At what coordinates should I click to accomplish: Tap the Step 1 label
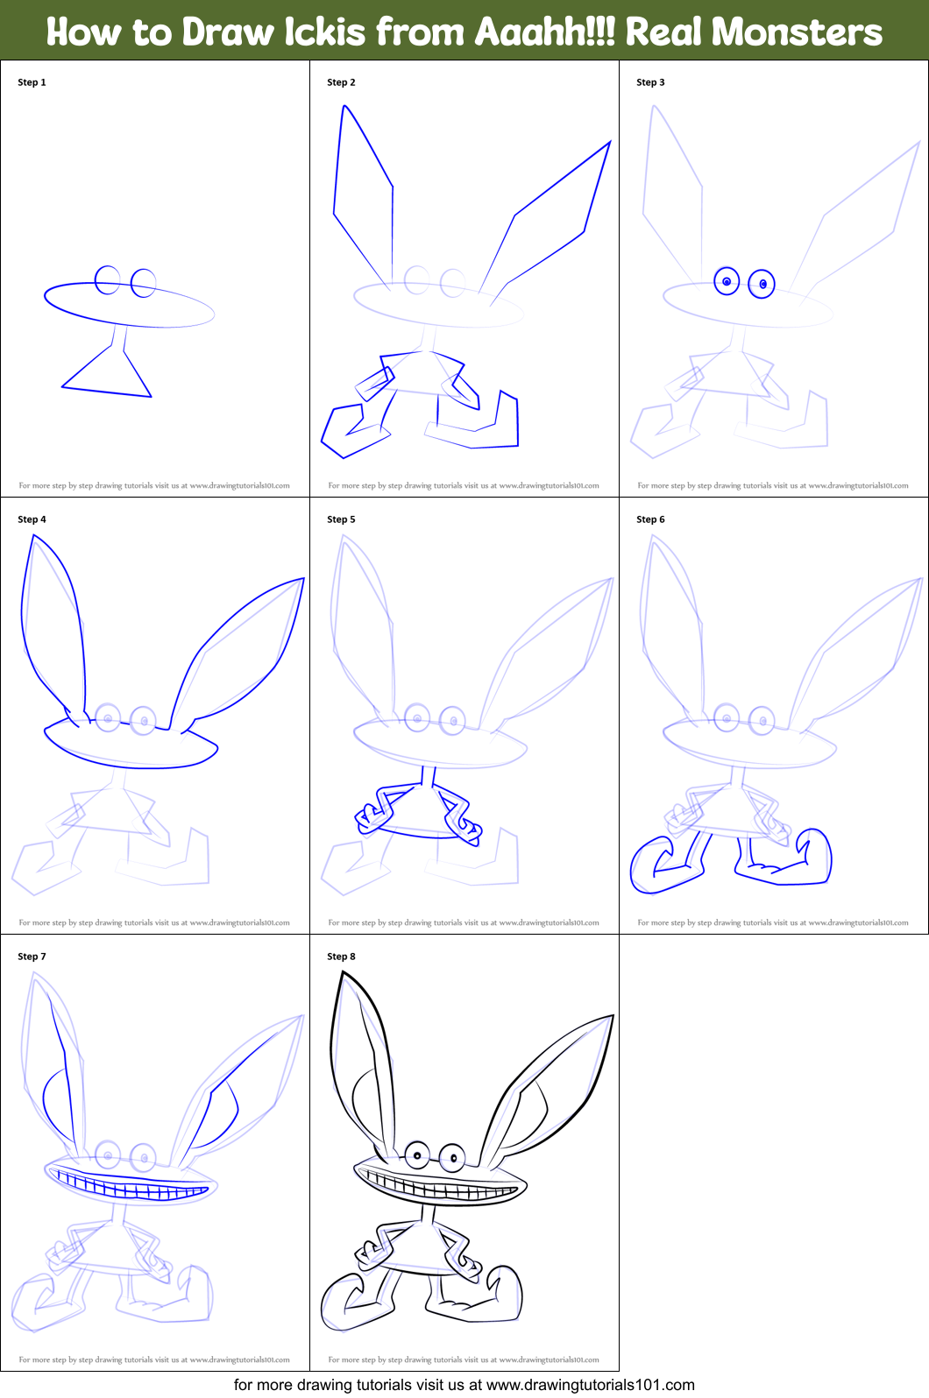32,82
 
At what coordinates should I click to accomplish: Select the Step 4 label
32,519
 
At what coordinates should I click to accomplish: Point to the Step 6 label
650,519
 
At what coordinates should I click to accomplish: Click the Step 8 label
341,957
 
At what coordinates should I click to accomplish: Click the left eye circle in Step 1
108,280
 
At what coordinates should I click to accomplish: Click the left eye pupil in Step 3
727,281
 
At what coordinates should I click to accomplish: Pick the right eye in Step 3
762,284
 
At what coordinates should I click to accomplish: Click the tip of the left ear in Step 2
345,108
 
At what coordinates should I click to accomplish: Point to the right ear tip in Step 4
302,580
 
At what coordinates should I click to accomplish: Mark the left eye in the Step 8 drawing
417,1155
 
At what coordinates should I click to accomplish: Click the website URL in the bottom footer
590,1385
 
